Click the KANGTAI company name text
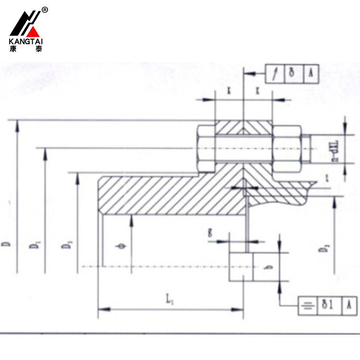(x=27, y=41)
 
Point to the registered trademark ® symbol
(x=45, y=10)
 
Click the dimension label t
(x=327, y=179)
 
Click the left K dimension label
(x=229, y=90)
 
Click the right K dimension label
(x=258, y=90)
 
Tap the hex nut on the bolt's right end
(x=288, y=148)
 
